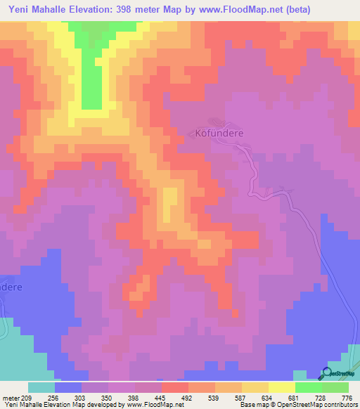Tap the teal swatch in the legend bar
click(x=41, y=387)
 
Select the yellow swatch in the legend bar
click(x=255, y=387)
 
